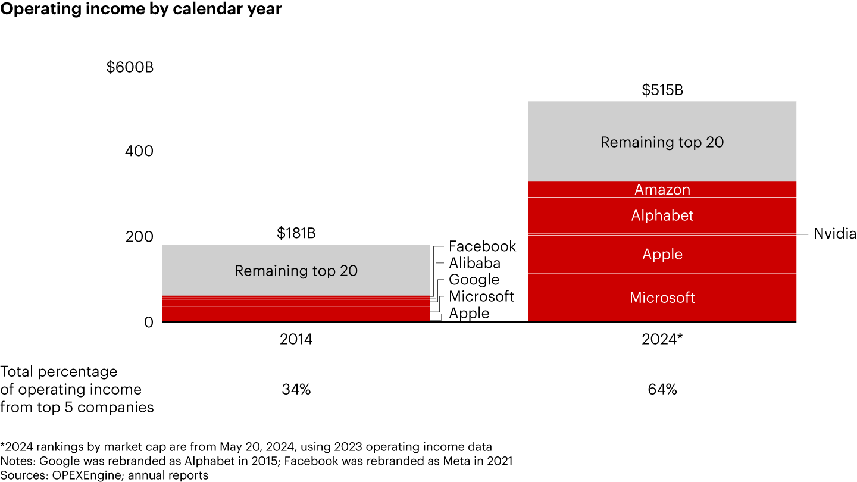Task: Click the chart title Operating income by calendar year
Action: click(141, 10)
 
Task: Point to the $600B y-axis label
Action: click(130, 67)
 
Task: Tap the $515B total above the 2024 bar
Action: click(662, 90)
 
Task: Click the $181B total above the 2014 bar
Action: click(296, 233)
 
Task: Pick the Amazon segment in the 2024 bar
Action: click(662, 190)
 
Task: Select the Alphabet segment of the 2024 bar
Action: click(662, 215)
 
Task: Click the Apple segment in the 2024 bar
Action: click(662, 255)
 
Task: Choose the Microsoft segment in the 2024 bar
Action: click(662, 298)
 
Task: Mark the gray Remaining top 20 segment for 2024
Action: click(662, 143)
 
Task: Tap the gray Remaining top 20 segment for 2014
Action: click(296, 271)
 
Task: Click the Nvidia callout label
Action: click(834, 234)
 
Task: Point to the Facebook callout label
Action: click(482, 246)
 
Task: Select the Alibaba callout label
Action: click(474, 263)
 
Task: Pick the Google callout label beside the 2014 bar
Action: click(474, 280)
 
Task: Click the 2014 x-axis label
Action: click(296, 340)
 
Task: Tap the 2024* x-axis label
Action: click(662, 340)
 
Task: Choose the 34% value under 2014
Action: click(296, 390)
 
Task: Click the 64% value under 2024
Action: click(662, 390)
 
